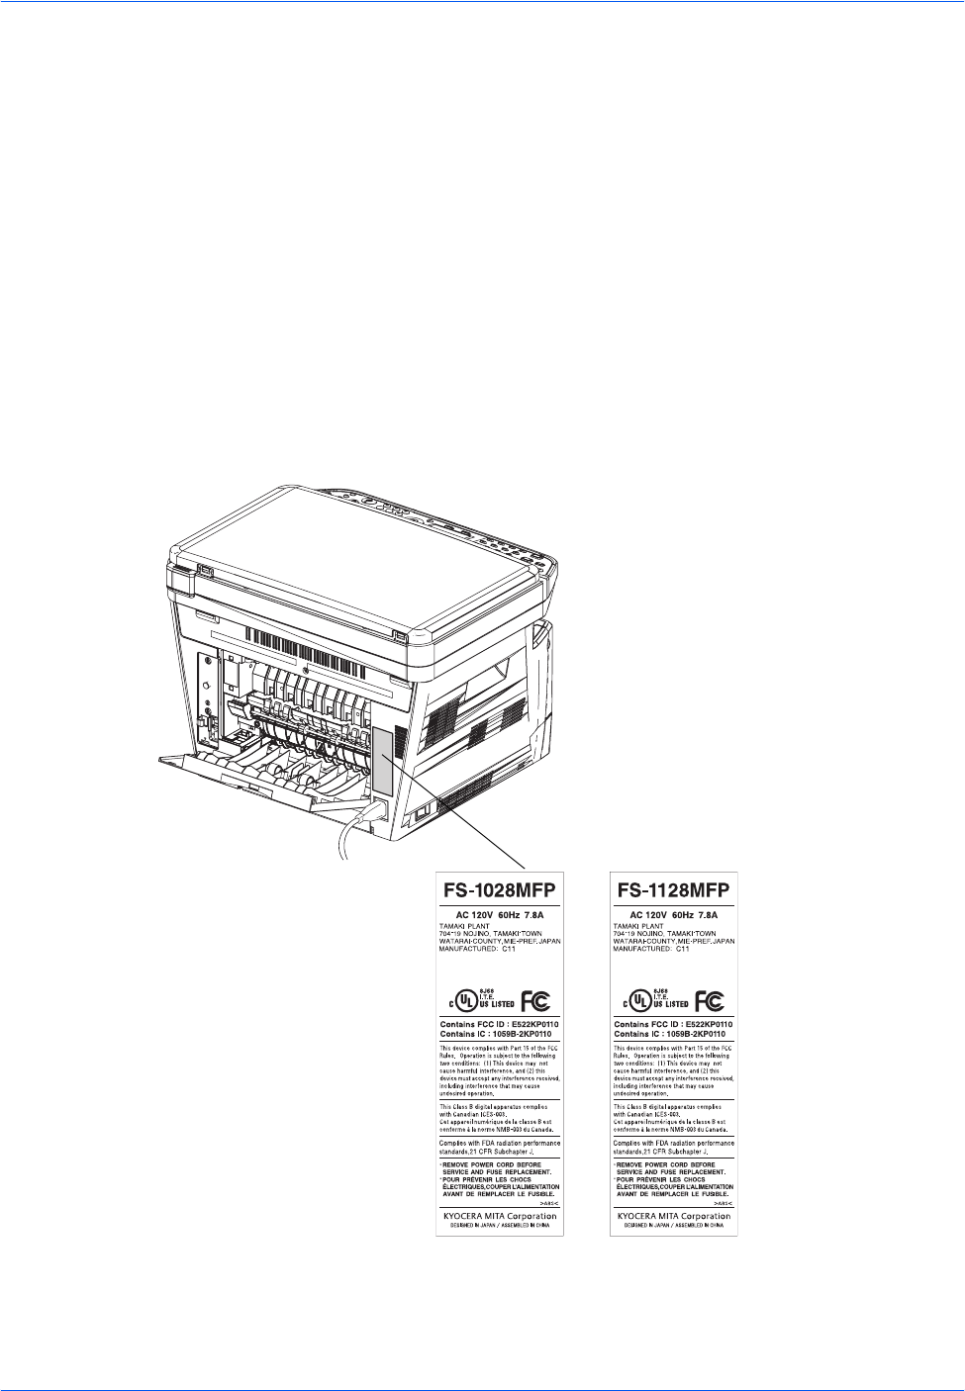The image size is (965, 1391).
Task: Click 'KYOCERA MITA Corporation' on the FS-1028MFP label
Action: [500, 1216]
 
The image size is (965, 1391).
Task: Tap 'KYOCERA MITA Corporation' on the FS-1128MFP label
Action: [673, 1216]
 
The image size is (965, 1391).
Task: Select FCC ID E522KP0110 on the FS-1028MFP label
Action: [500, 1024]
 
